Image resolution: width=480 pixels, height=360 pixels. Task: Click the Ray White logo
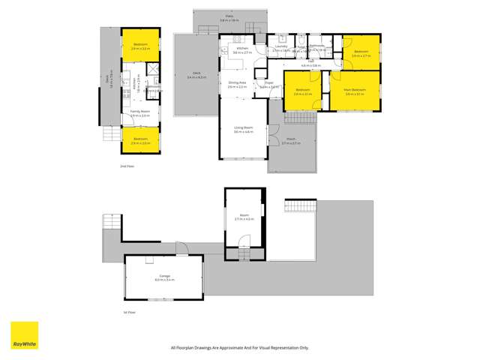[x=24, y=335]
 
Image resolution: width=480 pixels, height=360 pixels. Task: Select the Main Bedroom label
[x=354, y=92]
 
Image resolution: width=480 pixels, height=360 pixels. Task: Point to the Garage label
[x=163, y=277]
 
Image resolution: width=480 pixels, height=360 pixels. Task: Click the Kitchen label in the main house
[x=241, y=51]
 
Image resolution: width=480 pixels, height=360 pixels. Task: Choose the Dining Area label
[x=237, y=85]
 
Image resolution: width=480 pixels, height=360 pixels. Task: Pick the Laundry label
[x=281, y=48]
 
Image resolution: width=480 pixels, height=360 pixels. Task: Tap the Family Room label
[x=140, y=114]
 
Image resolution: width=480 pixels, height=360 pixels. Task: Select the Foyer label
[x=268, y=85]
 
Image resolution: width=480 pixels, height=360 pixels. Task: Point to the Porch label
[x=292, y=141]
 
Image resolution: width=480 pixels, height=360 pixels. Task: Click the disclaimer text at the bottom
[x=240, y=347]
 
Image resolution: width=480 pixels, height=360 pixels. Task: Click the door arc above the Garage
[x=183, y=246]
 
